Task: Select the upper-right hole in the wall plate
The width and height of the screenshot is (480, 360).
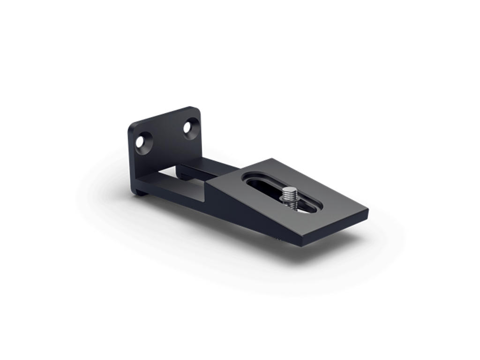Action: [190, 127]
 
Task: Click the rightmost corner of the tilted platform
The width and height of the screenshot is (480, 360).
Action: [367, 210]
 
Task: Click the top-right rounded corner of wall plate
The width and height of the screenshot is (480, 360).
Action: [197, 111]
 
